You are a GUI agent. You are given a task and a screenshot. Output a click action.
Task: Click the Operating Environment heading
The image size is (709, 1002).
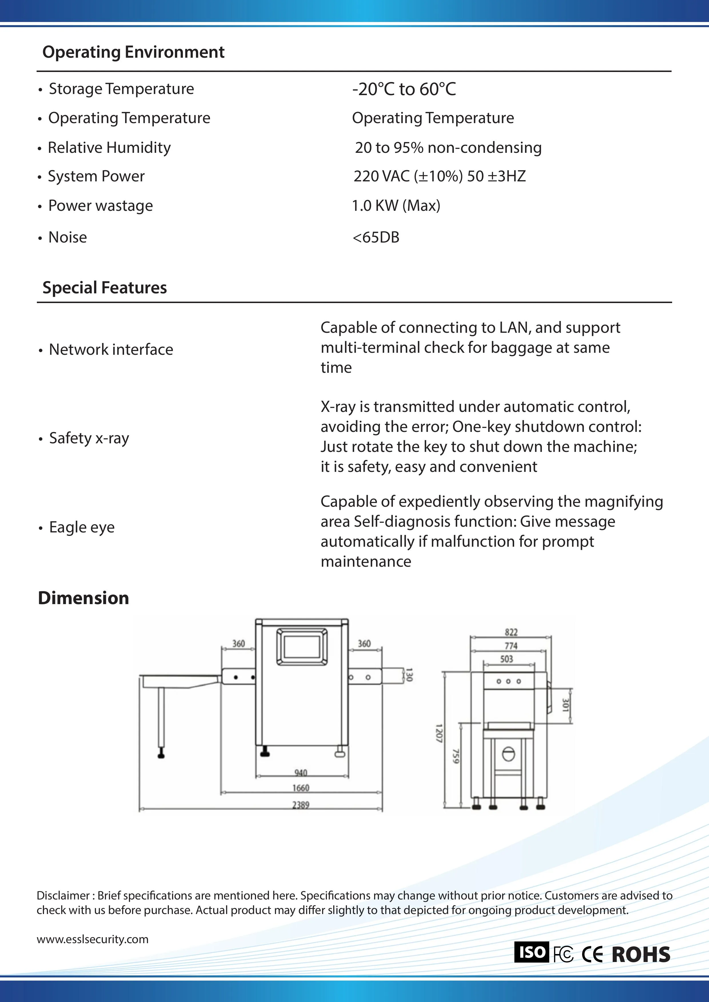(133, 52)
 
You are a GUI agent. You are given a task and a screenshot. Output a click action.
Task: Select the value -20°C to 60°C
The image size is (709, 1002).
(404, 89)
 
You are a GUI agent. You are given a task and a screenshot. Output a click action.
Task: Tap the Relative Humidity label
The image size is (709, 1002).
(109, 147)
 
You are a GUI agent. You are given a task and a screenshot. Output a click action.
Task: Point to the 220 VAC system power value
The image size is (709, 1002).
(440, 176)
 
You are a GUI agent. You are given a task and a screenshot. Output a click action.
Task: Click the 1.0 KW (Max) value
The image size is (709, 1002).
(396, 206)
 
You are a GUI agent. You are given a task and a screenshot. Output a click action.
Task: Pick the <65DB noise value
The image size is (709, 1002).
(376, 237)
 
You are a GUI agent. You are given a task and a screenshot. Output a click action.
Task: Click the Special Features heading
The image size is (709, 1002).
(104, 288)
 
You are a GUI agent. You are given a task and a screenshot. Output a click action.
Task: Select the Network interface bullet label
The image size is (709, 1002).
(111, 350)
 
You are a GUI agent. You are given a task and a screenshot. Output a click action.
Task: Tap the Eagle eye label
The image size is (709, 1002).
(82, 527)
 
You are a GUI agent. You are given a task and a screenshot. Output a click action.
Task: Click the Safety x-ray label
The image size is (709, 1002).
(89, 438)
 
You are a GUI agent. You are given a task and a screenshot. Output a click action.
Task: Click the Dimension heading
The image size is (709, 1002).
(83, 598)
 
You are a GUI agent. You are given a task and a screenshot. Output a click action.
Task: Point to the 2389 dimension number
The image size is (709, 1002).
(301, 805)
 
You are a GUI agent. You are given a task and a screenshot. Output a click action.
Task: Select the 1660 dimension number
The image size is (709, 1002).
(301, 788)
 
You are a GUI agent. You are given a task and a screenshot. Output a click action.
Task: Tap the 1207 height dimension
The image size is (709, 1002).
(439, 733)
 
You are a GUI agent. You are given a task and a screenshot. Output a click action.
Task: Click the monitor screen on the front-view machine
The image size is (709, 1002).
(302, 646)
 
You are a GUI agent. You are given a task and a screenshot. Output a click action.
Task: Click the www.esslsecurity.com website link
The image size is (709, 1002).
(93, 939)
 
